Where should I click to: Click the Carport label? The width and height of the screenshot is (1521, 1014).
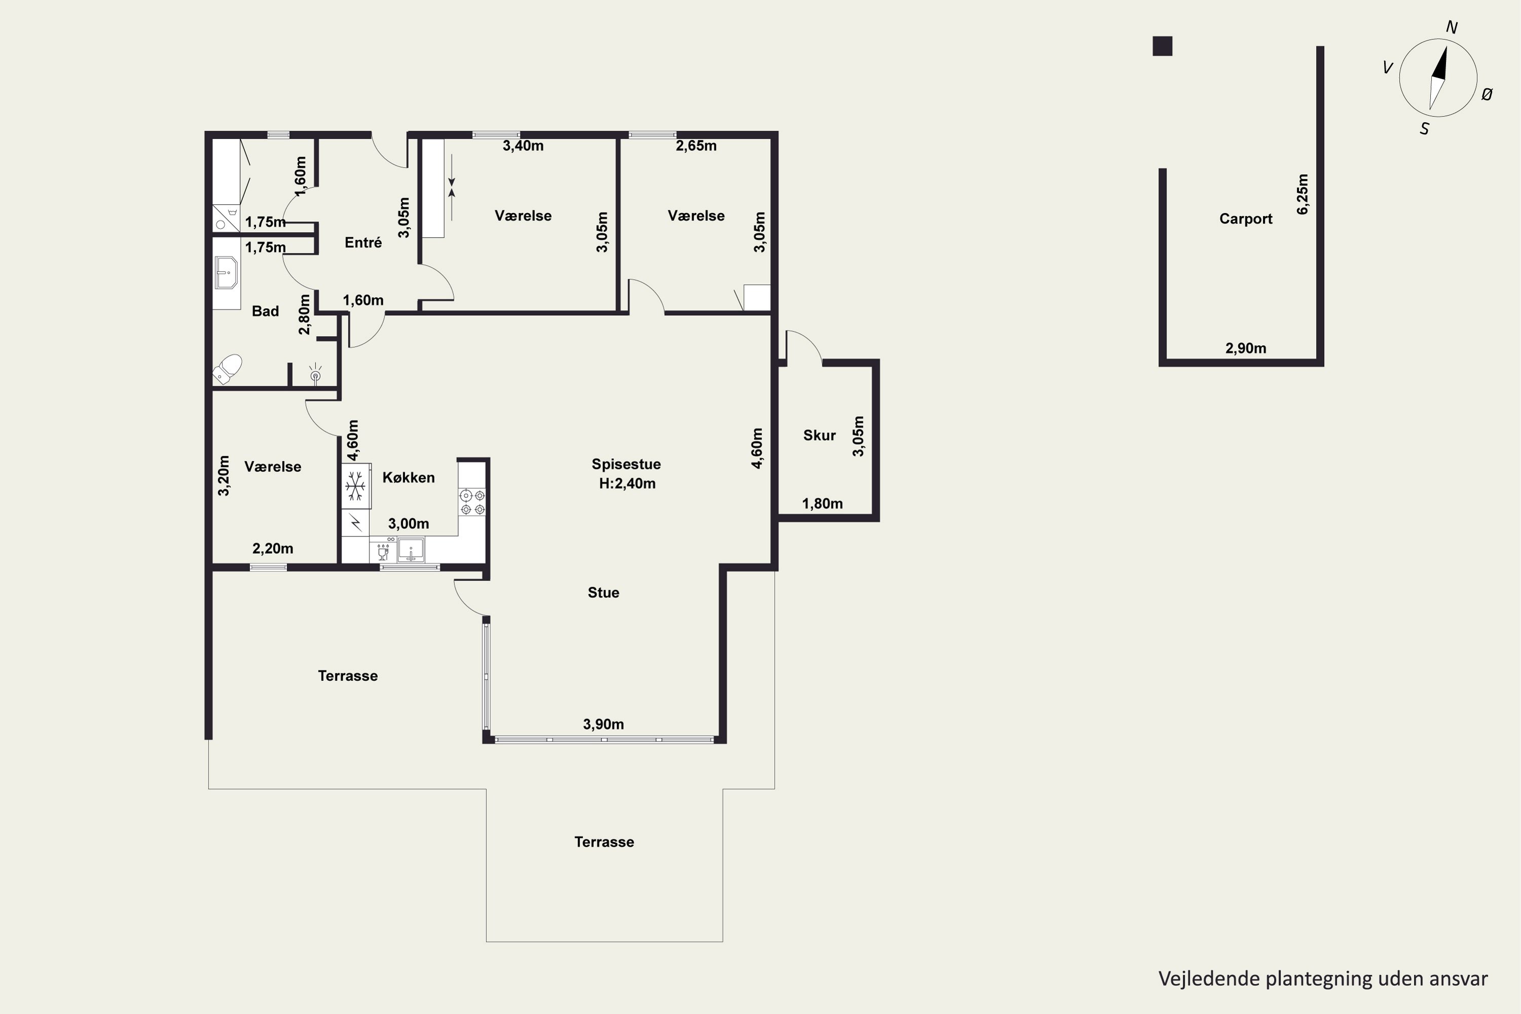coord(1246,219)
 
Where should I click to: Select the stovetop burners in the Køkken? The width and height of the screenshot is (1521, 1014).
coord(472,502)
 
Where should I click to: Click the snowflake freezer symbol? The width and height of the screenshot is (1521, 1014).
coord(355,486)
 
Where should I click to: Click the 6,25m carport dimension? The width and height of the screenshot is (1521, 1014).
coord(1302,194)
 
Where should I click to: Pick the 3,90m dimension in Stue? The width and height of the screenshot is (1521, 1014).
coord(603,725)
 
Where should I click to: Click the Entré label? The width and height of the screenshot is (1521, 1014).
coord(363,242)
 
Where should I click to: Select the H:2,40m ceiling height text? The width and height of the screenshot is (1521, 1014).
coord(627,484)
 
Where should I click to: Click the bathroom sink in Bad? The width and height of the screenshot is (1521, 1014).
coord(226,273)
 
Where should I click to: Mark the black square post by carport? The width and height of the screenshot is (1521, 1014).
coord(1162,46)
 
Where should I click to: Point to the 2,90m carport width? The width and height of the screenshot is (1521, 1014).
coord(1246,349)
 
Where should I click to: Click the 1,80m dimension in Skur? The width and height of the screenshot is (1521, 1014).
coord(822,504)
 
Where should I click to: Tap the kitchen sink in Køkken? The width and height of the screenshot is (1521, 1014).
coord(411,550)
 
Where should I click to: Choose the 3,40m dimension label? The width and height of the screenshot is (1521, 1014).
coord(523,146)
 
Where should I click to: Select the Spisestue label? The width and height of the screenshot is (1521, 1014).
coord(626,464)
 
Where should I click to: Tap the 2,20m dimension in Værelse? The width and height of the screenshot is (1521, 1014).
coord(272,549)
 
